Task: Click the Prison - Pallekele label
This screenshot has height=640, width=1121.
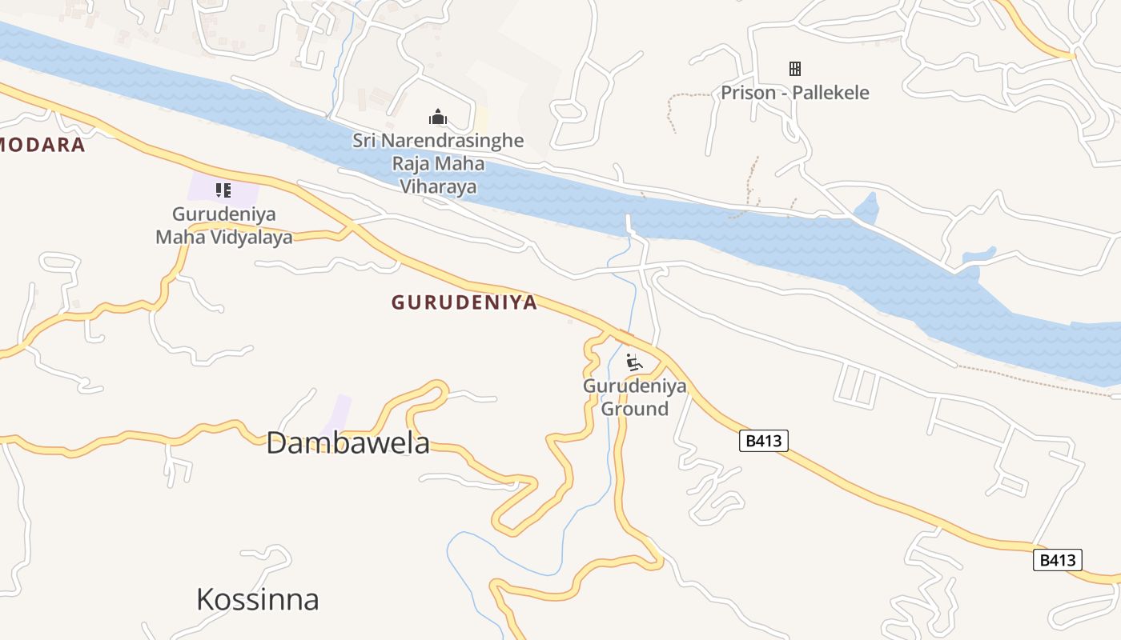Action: (794, 93)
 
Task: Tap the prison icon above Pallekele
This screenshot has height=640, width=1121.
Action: (795, 69)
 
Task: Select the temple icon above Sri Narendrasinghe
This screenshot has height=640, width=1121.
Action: (437, 117)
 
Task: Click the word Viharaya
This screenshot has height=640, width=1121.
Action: (438, 187)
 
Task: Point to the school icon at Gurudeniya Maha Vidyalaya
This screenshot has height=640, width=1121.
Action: (223, 190)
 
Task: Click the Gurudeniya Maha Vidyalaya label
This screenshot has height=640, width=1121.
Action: (223, 226)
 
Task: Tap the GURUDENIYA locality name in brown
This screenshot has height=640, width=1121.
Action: (464, 302)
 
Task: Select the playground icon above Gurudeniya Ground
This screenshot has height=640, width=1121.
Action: (634, 362)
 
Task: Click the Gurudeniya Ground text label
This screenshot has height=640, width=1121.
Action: (635, 398)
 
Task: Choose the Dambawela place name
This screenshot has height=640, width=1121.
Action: (348, 442)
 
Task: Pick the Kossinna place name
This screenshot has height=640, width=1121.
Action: (258, 599)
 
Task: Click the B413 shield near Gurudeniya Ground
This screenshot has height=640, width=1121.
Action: (763, 440)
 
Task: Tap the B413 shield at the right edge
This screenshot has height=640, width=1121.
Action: (1057, 560)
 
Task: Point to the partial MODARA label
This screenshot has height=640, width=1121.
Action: (42, 145)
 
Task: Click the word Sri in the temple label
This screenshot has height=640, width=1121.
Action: (364, 141)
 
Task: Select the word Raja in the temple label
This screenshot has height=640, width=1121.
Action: (409, 164)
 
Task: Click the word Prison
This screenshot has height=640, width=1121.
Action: (749, 93)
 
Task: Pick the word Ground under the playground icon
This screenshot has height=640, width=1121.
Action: (635, 409)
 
